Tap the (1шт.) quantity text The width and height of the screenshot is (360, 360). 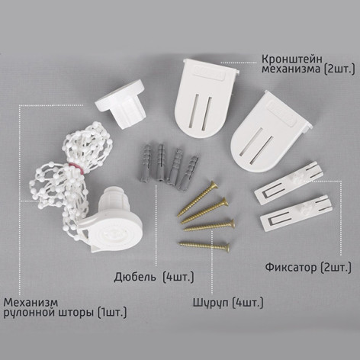click(x=114, y=311)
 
